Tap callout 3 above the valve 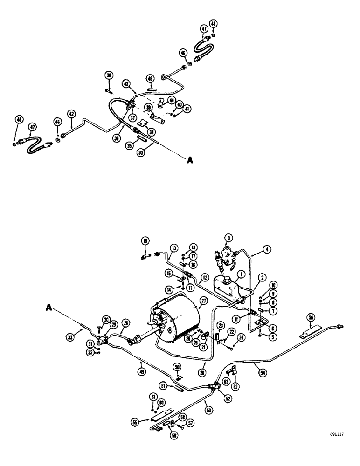[228, 238]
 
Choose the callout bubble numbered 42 [71, 113]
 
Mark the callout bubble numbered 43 [113, 83]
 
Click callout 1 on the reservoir [241, 274]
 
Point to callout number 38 [109, 75]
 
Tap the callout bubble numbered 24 [241, 337]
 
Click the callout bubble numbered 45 [150, 78]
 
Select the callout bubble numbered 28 [125, 323]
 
